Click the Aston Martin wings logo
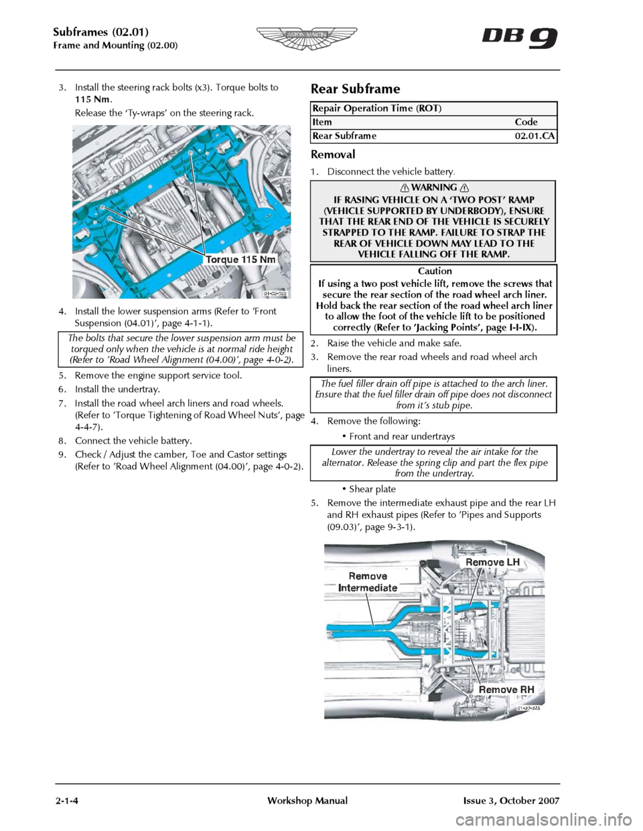pos(307,38)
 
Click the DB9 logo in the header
pos(519,37)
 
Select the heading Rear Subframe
pos(355,89)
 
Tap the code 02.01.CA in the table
pos(534,136)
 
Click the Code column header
pos(526,122)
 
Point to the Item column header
pos(322,122)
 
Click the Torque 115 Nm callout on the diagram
pos(240,260)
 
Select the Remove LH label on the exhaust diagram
pos(492,562)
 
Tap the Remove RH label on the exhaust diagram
pos(506,689)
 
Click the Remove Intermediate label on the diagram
pos(368,582)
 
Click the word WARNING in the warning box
pos(434,187)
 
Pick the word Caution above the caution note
pos(435,271)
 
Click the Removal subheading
pos(333,155)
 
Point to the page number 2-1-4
pos(68,801)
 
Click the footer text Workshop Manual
pos(307,801)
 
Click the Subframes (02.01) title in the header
pos(100,31)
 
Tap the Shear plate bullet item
pos(372,489)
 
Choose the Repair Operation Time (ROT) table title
pos(377,108)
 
